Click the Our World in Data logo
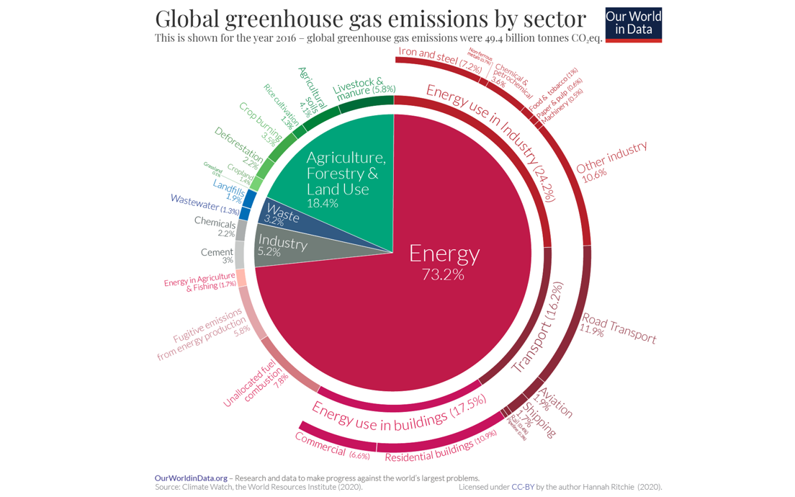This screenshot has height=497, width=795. click(633, 24)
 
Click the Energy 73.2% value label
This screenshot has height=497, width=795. click(443, 274)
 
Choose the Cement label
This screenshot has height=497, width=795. click(217, 252)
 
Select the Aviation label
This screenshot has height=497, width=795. click(555, 403)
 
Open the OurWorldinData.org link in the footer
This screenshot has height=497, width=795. click(191, 478)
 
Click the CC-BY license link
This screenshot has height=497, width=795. click(523, 487)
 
